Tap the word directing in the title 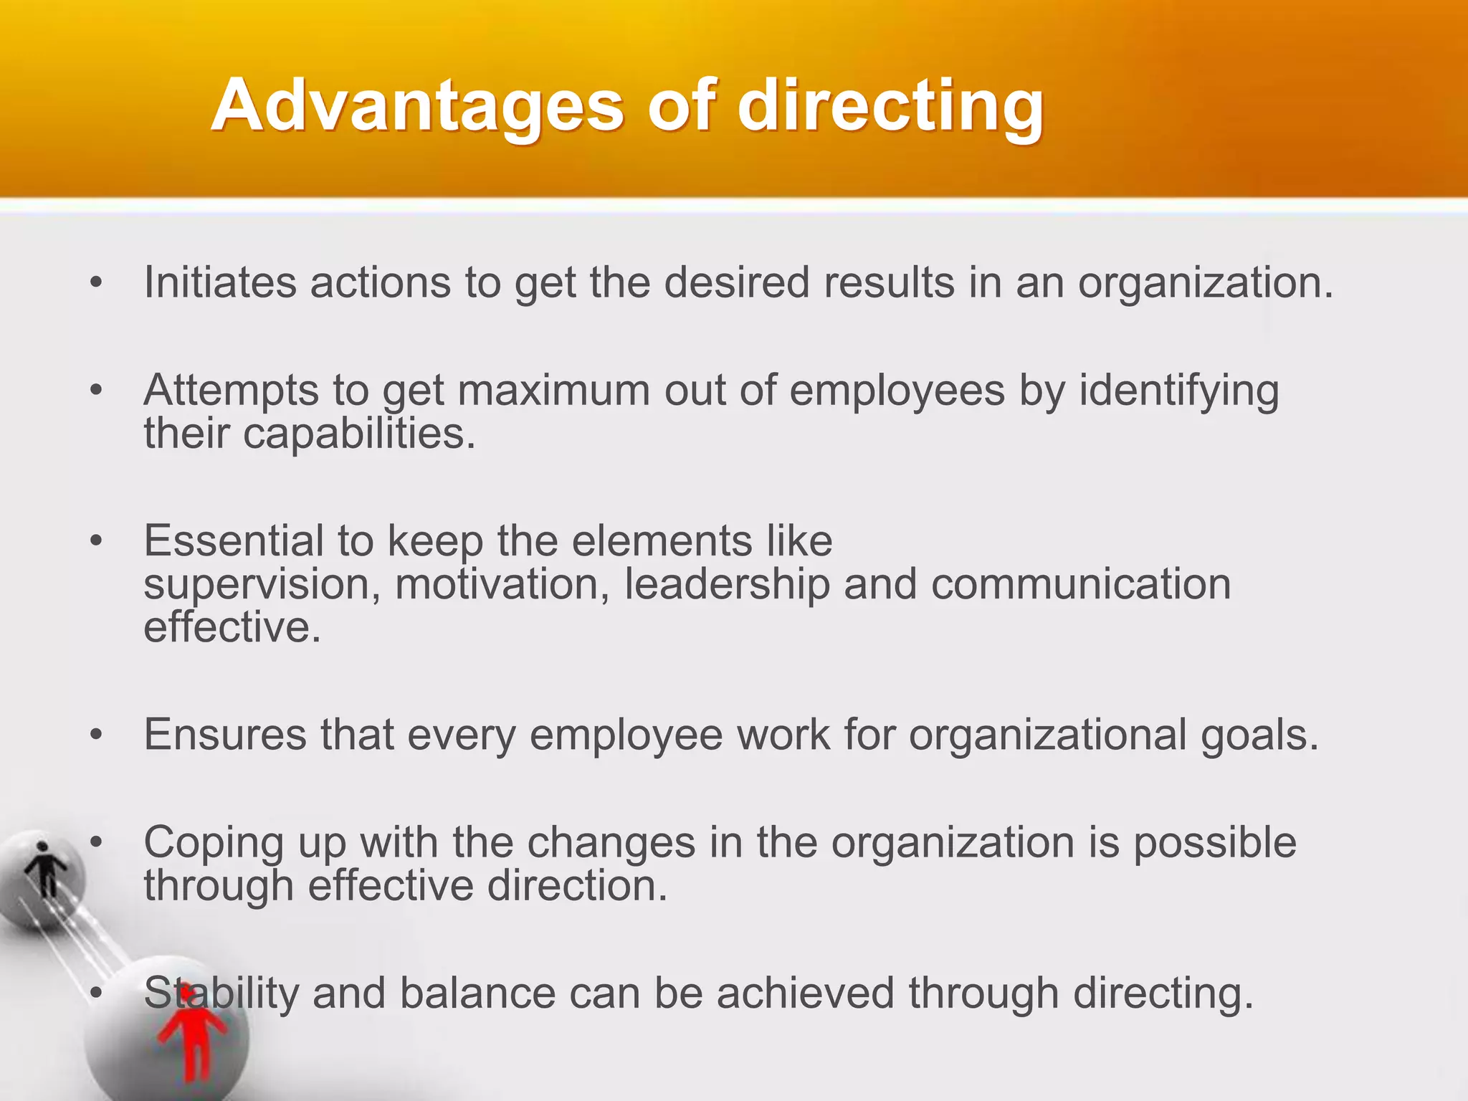coord(890,108)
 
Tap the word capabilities coord(358,434)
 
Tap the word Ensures coord(225,735)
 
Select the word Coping coord(214,844)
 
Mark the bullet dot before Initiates coord(96,284)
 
